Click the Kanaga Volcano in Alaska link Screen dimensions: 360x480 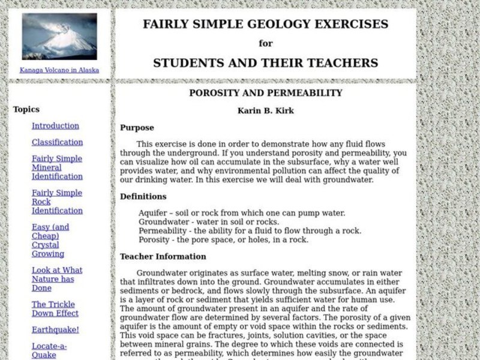point(59,70)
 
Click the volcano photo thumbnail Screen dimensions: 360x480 point(59,37)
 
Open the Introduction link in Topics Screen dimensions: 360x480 point(55,126)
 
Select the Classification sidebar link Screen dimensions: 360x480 point(57,142)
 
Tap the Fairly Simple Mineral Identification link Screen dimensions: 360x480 point(57,167)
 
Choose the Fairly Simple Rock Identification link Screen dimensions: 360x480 point(57,202)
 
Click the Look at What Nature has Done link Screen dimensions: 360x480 point(57,279)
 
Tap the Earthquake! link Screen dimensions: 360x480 point(55,329)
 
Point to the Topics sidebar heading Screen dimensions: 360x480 point(26,109)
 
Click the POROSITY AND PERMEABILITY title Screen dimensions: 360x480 point(265,93)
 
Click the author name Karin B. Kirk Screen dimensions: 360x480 point(265,110)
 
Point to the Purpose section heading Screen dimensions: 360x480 point(137,127)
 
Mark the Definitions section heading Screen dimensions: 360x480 point(143,196)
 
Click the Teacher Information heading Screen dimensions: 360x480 point(163,256)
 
